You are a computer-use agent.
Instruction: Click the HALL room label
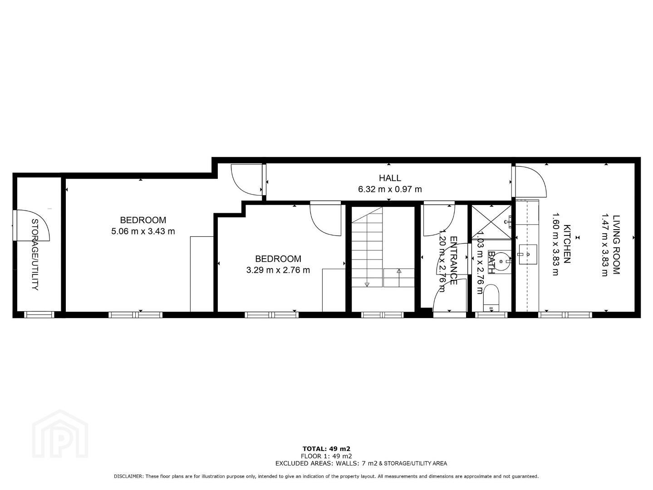point(390,178)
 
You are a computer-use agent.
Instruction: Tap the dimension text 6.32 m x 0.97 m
point(390,189)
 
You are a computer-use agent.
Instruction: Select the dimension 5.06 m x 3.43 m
point(143,231)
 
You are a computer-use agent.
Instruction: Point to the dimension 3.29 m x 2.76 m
point(278,270)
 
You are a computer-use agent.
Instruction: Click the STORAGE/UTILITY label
point(35,255)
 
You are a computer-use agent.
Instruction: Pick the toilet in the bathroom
point(491,298)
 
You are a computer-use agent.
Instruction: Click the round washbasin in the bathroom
point(501,261)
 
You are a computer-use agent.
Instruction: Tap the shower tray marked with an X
point(491,222)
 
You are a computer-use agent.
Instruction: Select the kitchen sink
point(528,255)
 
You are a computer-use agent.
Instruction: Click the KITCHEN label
point(567,244)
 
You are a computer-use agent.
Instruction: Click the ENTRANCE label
point(453,260)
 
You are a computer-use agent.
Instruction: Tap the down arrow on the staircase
point(367,284)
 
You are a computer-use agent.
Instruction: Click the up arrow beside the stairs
point(399,270)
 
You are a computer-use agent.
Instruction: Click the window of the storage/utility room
point(39,314)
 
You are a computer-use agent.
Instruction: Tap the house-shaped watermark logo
point(60,434)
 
